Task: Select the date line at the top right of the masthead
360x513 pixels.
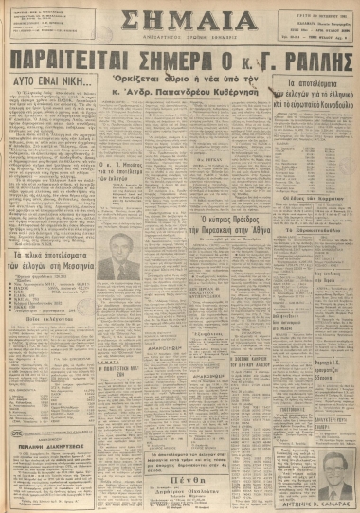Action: point(317,9)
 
